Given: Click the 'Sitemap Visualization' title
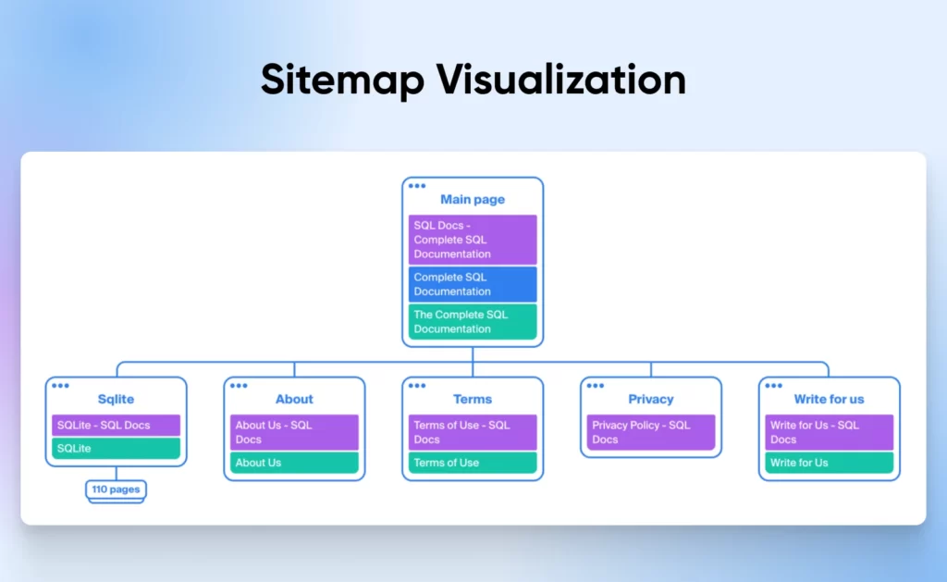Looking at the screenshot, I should [x=473, y=80].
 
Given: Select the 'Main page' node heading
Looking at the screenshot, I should [x=473, y=200].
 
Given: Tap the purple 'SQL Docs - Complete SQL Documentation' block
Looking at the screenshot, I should [x=473, y=240].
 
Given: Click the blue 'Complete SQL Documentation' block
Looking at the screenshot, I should [x=473, y=284].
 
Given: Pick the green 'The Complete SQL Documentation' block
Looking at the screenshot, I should [x=473, y=321].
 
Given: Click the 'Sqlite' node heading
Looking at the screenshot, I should [x=116, y=400].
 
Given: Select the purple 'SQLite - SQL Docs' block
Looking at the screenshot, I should [x=116, y=426].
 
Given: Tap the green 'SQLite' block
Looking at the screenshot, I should [x=116, y=449].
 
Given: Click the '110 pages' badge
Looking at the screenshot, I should [x=116, y=489].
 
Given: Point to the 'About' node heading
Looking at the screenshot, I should [x=294, y=400].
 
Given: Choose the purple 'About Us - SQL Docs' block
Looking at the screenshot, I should [x=294, y=432].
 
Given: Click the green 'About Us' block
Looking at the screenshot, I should [x=294, y=463].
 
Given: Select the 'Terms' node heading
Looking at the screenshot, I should [x=473, y=400].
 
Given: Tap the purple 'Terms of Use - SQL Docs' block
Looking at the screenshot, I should [x=473, y=432].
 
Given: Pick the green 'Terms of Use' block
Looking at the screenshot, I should [x=473, y=463].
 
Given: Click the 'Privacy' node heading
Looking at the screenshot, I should [x=651, y=400].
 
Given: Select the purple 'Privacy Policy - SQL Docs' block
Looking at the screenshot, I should [x=651, y=432].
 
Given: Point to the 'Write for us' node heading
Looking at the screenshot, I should [x=829, y=400].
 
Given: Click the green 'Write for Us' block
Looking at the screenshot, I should [x=829, y=463].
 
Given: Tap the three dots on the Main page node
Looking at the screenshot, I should [x=417, y=186].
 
